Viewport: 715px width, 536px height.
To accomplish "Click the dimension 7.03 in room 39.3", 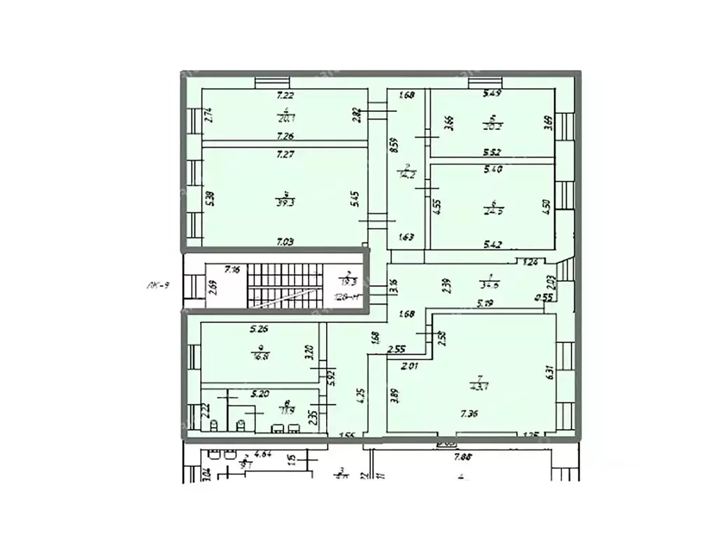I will (284, 241).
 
